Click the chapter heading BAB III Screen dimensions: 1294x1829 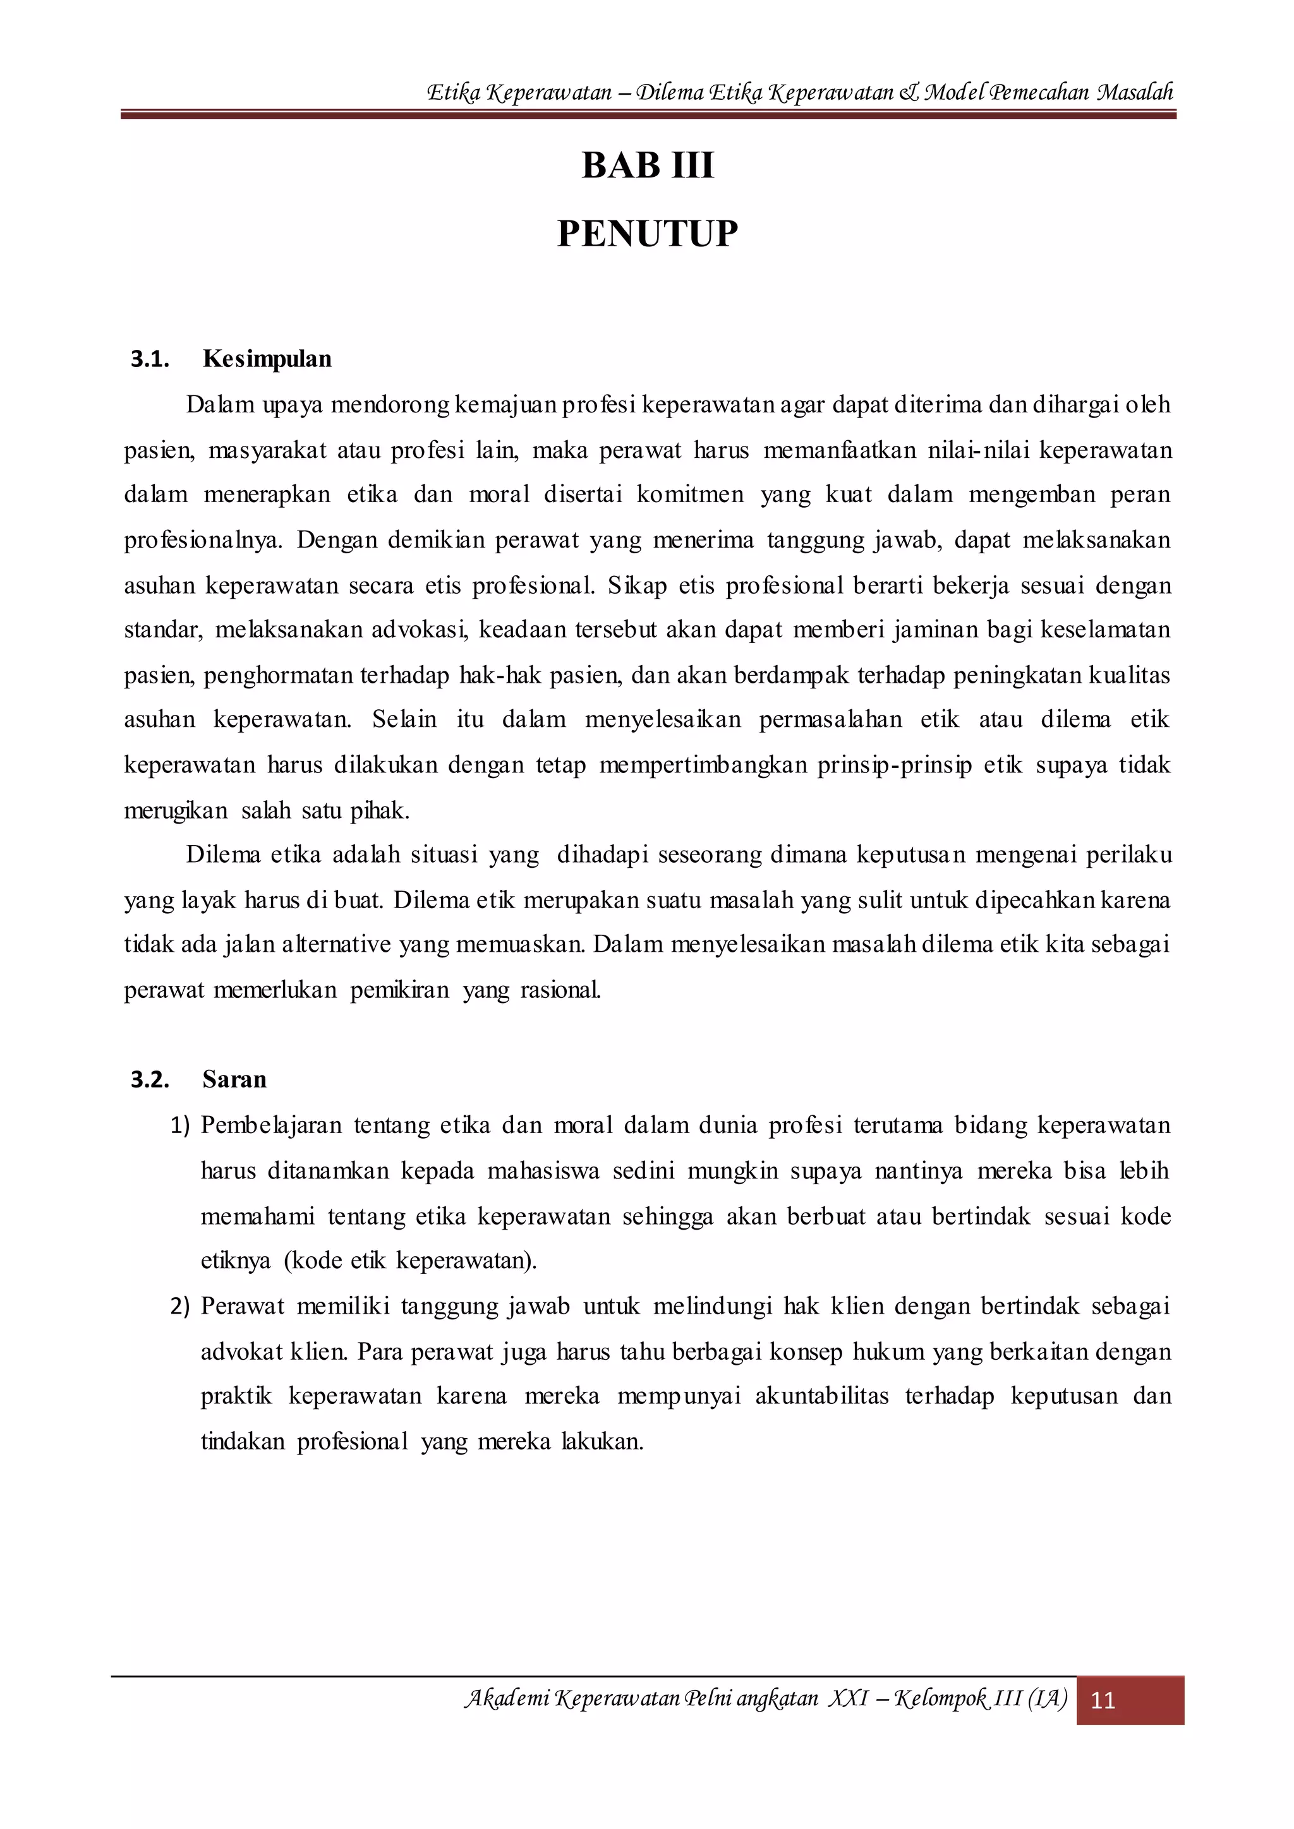[647, 165]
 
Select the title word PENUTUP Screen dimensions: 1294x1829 [647, 234]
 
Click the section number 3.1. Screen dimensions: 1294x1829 [150, 359]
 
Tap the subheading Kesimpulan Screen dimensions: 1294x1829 [267, 359]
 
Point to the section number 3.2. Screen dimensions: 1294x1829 [150, 1080]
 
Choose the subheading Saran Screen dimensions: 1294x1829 [234, 1080]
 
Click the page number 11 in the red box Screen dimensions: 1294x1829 [1103, 1701]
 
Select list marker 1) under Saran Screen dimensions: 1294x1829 [180, 1125]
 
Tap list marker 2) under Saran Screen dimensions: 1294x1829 [180, 1307]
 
